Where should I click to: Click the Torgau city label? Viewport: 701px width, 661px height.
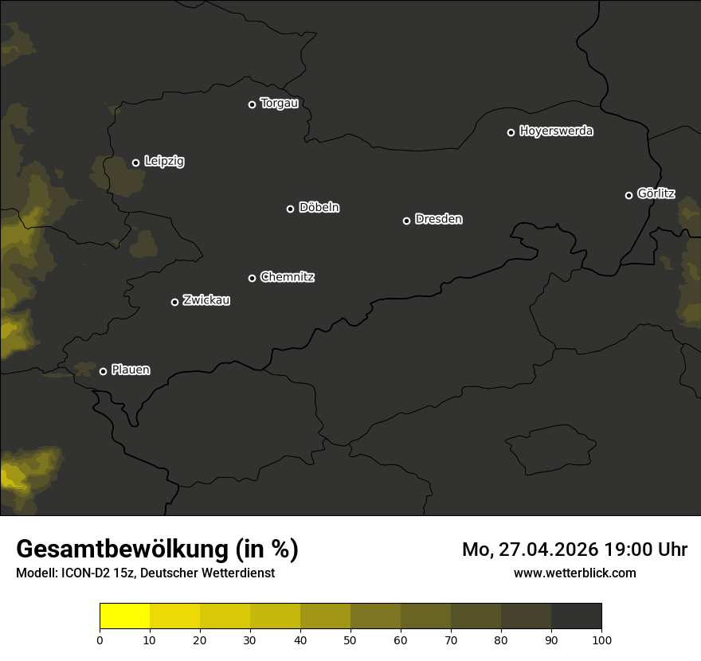[x=279, y=104]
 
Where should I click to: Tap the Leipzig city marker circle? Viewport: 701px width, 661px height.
[x=135, y=162]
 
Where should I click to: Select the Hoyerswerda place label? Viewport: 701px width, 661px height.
[x=556, y=131]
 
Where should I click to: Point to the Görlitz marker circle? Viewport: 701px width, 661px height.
[x=629, y=195]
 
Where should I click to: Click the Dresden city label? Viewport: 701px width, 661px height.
[x=438, y=219]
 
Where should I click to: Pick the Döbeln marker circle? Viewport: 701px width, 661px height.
[x=290, y=209]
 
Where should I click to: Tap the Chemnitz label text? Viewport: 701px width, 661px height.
[x=287, y=277]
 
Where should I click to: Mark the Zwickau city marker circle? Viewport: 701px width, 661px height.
[x=174, y=302]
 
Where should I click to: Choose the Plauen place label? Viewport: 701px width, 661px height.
[x=131, y=370]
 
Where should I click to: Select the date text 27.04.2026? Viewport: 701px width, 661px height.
[x=548, y=550]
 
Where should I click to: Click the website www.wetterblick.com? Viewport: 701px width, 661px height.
[x=574, y=573]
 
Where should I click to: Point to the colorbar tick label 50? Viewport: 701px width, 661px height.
[x=350, y=639]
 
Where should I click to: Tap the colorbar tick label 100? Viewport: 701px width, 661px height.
[x=601, y=639]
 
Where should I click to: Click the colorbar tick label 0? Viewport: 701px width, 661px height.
[x=100, y=639]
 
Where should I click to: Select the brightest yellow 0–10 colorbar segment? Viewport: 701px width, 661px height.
[x=124, y=616]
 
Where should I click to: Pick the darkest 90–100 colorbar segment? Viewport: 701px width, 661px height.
[x=576, y=616]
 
